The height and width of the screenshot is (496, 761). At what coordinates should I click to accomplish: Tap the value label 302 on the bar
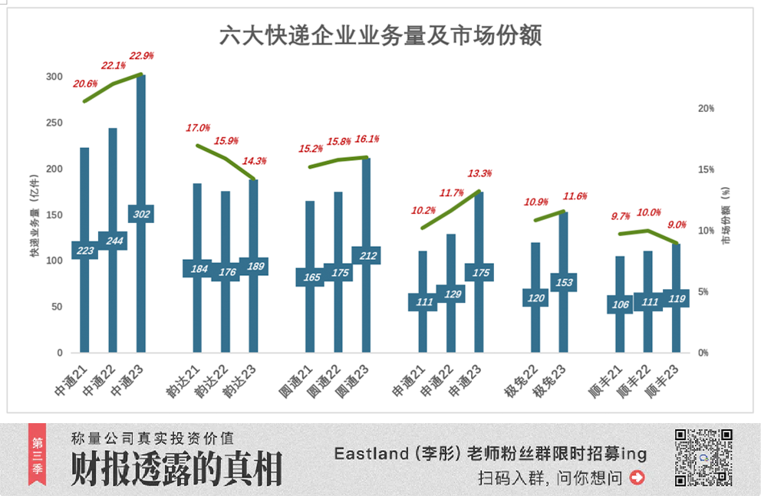[x=141, y=215]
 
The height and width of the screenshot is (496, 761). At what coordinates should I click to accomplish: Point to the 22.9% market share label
[x=142, y=55]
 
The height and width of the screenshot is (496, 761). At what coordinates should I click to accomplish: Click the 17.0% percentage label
[x=198, y=128]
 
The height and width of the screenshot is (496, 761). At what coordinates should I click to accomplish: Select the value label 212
[x=366, y=256]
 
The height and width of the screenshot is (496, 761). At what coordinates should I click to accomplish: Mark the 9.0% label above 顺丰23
[x=677, y=225]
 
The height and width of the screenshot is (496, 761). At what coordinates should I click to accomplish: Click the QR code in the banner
[x=703, y=458]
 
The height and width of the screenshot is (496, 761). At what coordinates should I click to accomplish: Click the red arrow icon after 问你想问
[x=636, y=478]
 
